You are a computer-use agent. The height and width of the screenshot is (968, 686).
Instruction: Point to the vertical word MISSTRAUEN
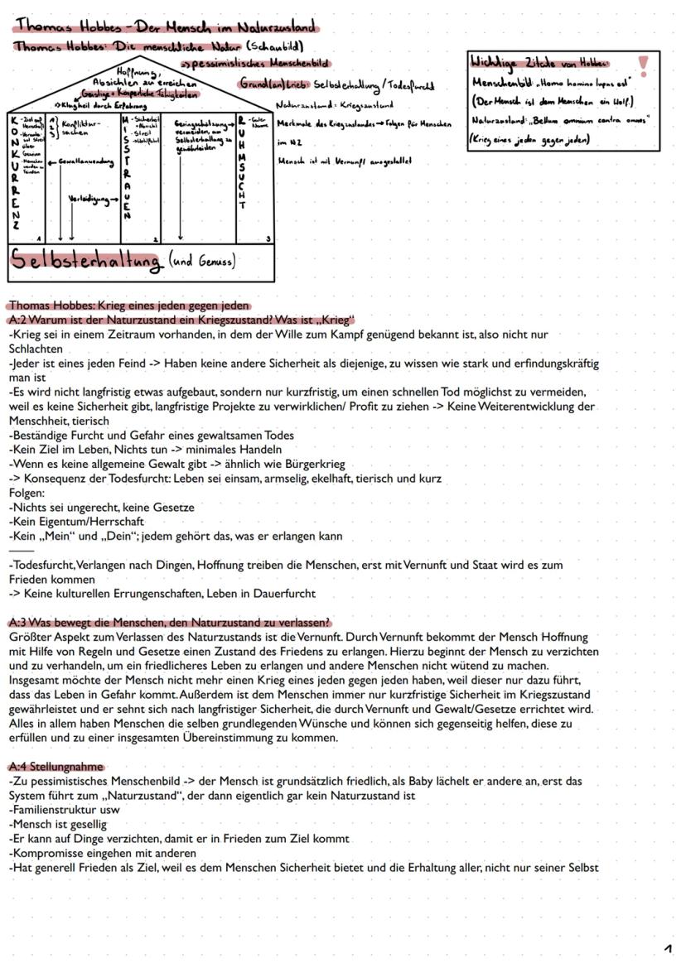(127, 166)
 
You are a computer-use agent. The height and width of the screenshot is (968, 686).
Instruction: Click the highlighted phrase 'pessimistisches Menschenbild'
(263, 63)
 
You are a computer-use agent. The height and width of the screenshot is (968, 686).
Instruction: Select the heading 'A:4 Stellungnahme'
(56, 767)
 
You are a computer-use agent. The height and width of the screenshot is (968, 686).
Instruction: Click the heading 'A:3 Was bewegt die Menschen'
(169, 623)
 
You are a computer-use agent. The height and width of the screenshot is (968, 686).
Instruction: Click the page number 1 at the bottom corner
(668, 948)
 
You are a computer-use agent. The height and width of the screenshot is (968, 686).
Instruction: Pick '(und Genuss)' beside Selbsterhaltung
(202, 262)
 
